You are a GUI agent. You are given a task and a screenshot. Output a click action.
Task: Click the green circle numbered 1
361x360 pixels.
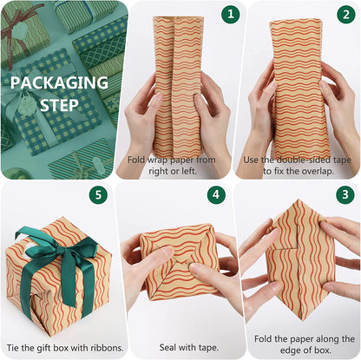click(x=230, y=15)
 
